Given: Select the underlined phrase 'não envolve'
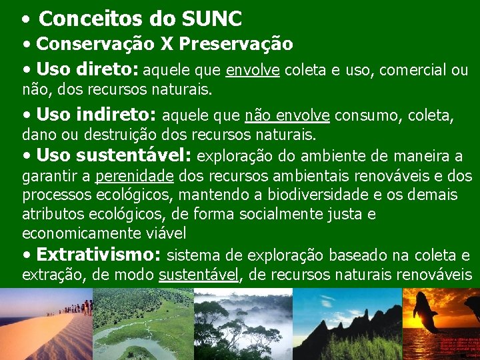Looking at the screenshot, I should pyautogui.click(x=287, y=116).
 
